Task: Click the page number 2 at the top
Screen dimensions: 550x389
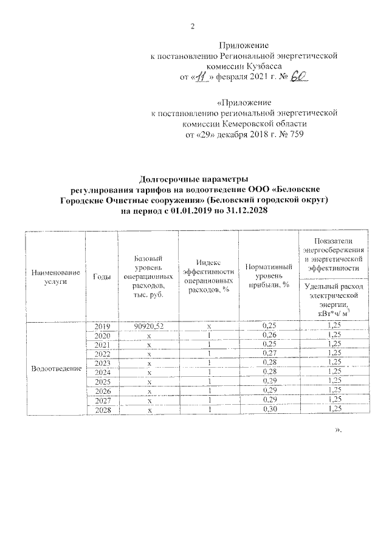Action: [x=193, y=25]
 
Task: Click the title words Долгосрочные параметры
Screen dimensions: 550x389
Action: [x=194, y=180]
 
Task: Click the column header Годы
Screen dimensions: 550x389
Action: [x=102, y=277]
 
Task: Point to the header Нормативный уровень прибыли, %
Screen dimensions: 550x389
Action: [x=268, y=277]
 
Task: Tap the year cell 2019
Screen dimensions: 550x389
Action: [x=102, y=326]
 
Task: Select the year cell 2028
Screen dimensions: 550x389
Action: [x=102, y=410]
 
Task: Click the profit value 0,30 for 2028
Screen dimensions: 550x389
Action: [x=268, y=410]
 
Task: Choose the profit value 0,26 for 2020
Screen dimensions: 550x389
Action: [x=268, y=335]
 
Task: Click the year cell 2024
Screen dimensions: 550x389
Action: [x=102, y=373]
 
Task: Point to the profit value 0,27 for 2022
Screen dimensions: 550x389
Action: [x=268, y=354]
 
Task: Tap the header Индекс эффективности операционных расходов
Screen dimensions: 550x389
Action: [x=208, y=277]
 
